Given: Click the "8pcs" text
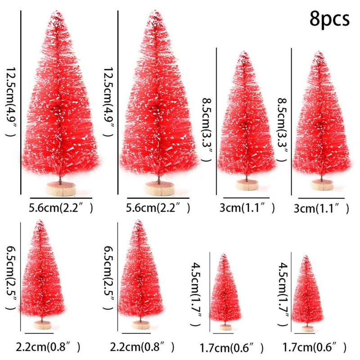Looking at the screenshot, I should (x=329, y=19).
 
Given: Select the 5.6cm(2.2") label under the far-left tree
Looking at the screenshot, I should (x=61, y=208).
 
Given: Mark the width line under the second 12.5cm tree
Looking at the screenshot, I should (x=157, y=198).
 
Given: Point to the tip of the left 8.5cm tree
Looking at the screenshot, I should (x=244, y=55).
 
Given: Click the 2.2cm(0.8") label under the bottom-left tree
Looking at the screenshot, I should (x=48, y=347).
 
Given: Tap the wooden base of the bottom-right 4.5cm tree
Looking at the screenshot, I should (x=308, y=328).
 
